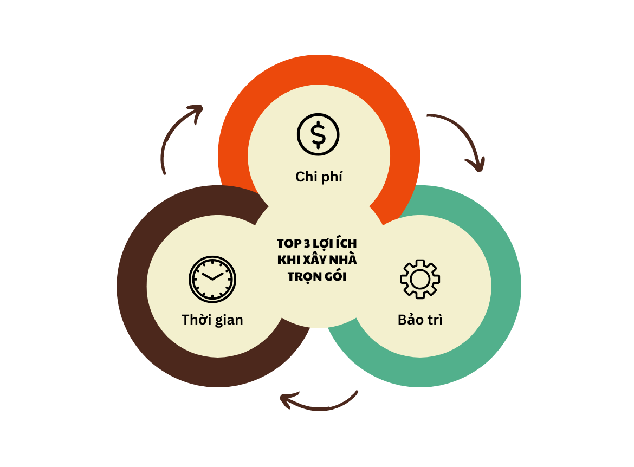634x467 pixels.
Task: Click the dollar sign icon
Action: tap(318, 134)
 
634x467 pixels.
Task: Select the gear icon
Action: tap(420, 279)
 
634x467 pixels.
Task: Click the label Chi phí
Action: tap(319, 177)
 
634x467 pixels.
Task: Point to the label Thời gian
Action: tap(212, 320)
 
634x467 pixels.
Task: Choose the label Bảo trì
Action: tap(420, 320)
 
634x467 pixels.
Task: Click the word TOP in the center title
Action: tap(288, 243)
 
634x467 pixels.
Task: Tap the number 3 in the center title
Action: tap(306, 243)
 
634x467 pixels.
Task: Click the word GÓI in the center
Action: tap(336, 276)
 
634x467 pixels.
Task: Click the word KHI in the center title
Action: tap(287, 260)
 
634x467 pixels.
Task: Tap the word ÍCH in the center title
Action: tap(345, 243)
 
